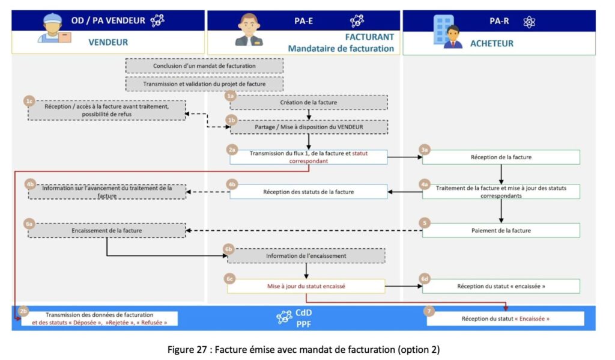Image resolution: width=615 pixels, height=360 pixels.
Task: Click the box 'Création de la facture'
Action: (x=309, y=102)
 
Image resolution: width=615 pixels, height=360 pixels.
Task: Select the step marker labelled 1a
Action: (x=231, y=95)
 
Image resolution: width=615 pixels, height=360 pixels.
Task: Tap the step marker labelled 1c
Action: (x=29, y=100)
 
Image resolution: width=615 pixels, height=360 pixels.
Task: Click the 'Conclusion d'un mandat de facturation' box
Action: (x=204, y=66)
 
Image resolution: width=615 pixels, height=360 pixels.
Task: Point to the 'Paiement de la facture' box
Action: (x=501, y=230)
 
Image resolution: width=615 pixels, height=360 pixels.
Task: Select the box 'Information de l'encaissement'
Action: (x=306, y=255)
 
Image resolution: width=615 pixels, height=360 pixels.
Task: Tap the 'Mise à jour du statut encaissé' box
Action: (x=306, y=286)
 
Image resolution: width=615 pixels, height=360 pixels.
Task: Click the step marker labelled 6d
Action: (x=425, y=279)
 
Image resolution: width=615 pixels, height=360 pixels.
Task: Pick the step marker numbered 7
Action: (x=428, y=311)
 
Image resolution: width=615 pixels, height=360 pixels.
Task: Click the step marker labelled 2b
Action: (x=23, y=311)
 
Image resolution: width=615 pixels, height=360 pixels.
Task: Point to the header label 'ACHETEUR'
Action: (x=491, y=43)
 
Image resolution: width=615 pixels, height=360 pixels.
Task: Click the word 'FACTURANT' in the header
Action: (x=369, y=37)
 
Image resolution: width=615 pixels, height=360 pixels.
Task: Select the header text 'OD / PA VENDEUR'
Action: (x=108, y=20)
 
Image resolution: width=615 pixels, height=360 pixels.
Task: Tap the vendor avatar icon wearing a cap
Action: (x=53, y=28)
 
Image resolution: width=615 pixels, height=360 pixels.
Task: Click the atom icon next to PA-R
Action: (x=529, y=22)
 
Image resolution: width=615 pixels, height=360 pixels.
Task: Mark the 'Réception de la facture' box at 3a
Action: (x=501, y=157)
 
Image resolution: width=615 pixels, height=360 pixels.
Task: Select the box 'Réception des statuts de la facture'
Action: (x=308, y=192)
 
